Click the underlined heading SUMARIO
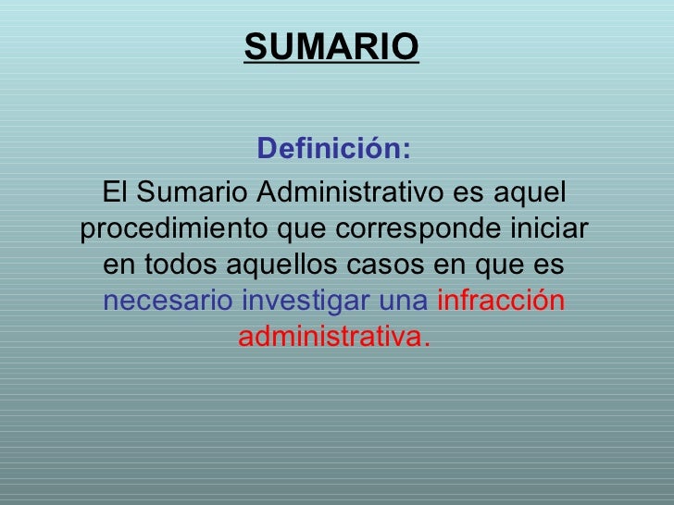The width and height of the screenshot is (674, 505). click(331, 47)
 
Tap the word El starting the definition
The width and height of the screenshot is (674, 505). click(115, 191)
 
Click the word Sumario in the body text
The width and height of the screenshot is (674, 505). click(192, 191)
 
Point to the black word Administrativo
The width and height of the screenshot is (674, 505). click(350, 191)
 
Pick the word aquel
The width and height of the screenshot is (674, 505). click(530, 193)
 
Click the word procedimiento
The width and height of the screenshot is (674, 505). click(174, 229)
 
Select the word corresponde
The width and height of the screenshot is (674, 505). click(418, 229)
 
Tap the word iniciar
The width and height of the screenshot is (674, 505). click(549, 228)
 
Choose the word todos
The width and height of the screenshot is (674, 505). click(181, 265)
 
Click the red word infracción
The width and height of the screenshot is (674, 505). click(501, 301)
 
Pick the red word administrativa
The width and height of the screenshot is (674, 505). click(331, 337)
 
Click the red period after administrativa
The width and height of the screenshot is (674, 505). click(427, 344)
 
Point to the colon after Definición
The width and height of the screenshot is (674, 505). click(406, 150)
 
